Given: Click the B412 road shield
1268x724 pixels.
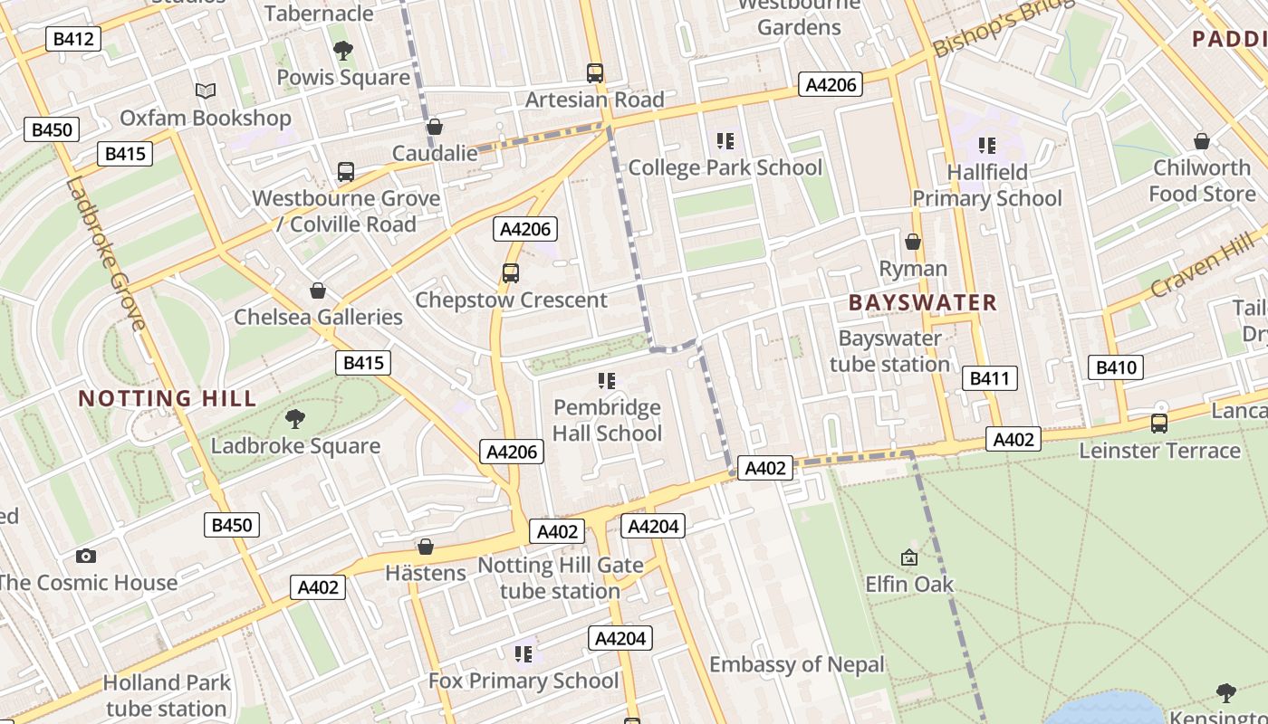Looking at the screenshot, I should [x=72, y=39].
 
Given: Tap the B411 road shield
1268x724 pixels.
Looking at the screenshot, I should [x=989, y=378].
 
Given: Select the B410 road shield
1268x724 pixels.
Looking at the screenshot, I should [x=1115, y=367].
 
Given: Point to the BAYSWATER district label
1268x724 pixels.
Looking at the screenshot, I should [x=922, y=303].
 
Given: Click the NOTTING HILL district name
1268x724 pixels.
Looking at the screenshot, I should [x=168, y=398].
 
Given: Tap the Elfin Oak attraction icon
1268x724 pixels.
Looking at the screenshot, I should [x=909, y=558].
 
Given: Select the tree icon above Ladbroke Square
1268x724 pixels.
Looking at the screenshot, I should [x=294, y=418].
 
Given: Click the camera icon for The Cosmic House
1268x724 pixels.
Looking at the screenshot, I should [x=86, y=556].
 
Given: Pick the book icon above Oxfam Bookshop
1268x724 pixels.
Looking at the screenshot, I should [x=206, y=90].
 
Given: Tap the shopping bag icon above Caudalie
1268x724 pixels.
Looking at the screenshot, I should [x=435, y=127].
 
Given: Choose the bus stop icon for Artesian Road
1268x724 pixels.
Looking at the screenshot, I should [x=595, y=72].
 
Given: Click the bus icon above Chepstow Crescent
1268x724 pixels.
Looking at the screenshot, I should [x=511, y=272].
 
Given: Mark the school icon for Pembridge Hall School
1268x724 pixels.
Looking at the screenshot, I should [x=607, y=381].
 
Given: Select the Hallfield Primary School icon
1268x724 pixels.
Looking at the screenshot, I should [x=987, y=145].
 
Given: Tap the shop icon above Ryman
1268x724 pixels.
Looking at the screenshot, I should [x=913, y=242].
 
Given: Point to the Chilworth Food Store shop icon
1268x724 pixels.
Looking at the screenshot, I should [x=1202, y=141].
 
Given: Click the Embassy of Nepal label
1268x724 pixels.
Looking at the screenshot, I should [x=796, y=665].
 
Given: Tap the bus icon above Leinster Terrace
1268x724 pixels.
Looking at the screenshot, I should [x=1158, y=423].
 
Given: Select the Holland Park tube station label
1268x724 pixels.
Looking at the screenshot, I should [x=166, y=695].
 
